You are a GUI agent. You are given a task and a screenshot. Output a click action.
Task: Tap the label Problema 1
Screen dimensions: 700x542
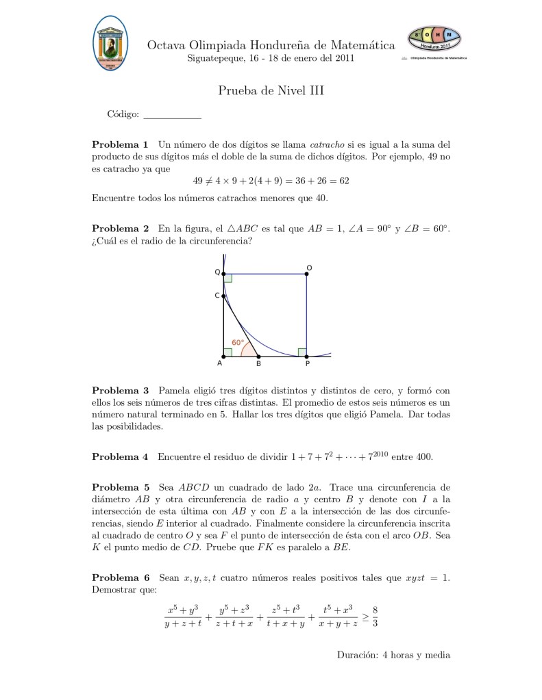click(120, 144)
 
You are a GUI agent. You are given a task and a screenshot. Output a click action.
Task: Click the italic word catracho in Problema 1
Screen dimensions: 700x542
click(326, 144)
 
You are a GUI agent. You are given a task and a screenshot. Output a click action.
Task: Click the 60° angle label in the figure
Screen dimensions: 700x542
click(238, 342)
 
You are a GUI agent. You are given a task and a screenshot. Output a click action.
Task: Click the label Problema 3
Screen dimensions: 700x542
click(120, 391)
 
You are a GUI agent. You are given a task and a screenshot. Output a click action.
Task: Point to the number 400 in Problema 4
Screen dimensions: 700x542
click(423, 456)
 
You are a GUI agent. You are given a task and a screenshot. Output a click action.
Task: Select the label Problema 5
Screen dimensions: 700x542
click(120, 488)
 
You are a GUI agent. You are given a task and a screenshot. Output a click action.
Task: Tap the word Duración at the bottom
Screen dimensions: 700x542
click(358, 655)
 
